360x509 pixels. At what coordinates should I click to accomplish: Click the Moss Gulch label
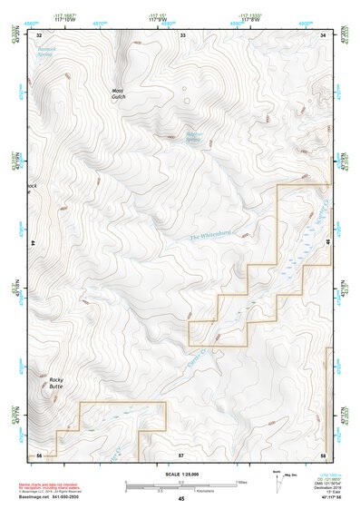click(117, 94)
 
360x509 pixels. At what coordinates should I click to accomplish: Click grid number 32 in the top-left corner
click(39, 34)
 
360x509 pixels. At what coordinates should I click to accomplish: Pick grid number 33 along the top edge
click(182, 34)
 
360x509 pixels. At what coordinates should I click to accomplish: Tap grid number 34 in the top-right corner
click(324, 34)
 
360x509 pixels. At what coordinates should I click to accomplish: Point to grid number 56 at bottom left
click(39, 453)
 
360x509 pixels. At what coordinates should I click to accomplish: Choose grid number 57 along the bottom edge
click(181, 453)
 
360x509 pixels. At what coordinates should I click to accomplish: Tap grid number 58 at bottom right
click(323, 453)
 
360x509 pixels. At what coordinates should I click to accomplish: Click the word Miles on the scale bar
click(240, 481)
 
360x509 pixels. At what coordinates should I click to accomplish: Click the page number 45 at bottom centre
click(181, 500)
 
